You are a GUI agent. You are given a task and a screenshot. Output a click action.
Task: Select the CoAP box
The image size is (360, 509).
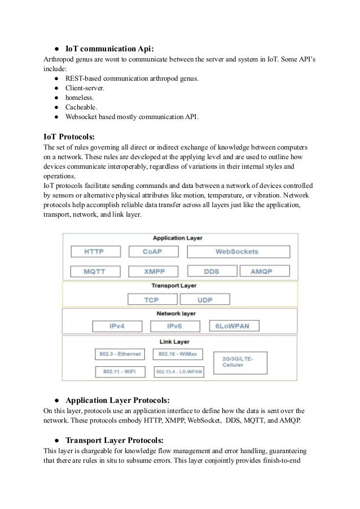pos(153,251)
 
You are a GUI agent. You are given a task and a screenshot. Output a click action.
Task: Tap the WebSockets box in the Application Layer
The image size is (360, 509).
pos(236,251)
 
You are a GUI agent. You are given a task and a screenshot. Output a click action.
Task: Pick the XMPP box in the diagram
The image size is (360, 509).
pos(153,271)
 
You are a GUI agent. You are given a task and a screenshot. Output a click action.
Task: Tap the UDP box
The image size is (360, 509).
pos(205,299)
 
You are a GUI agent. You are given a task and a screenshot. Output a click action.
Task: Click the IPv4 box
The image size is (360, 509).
pos(117,327)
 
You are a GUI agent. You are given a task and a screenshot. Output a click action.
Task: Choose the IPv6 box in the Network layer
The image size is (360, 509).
pos(175,327)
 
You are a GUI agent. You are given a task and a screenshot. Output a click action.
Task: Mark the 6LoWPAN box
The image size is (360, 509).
pos(233,327)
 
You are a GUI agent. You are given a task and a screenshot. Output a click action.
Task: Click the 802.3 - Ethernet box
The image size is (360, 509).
pos(120,354)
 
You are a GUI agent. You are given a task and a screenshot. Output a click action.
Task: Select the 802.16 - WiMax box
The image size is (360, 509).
pos(178,354)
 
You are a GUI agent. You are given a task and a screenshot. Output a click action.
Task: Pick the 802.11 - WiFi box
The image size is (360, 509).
pos(120,372)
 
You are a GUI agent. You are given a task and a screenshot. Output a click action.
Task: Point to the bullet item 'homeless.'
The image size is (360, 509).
pos(79,97)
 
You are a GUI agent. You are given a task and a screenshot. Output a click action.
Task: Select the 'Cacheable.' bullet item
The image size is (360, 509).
pos(81,107)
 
